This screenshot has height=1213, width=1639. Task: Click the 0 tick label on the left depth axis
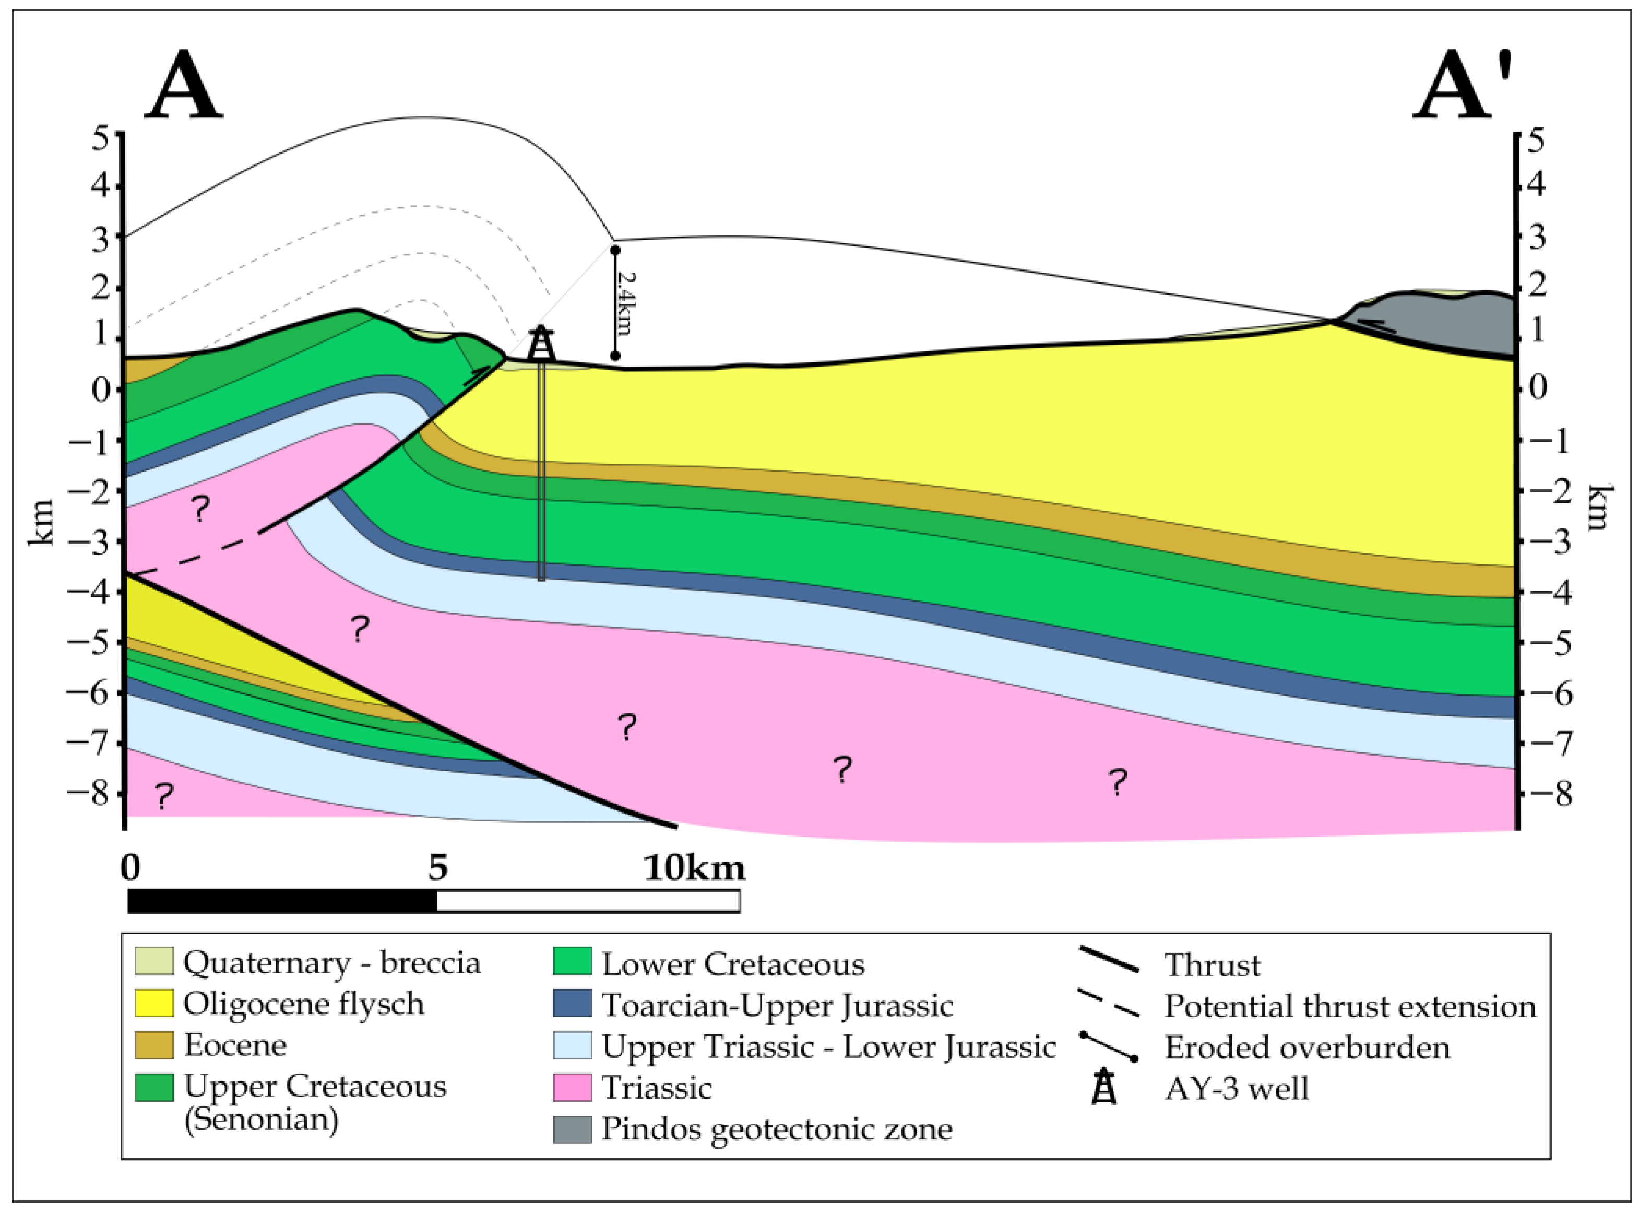[101, 389]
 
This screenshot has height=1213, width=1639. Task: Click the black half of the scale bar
[282, 901]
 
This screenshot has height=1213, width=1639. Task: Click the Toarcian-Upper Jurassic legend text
[777, 1005]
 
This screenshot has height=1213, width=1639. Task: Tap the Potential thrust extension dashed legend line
[1108, 1004]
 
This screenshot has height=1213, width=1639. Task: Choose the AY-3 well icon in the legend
[1104, 1088]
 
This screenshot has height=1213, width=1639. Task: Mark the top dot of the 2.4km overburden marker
[615, 251]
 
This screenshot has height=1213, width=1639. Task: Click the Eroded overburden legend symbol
[1108, 1046]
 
